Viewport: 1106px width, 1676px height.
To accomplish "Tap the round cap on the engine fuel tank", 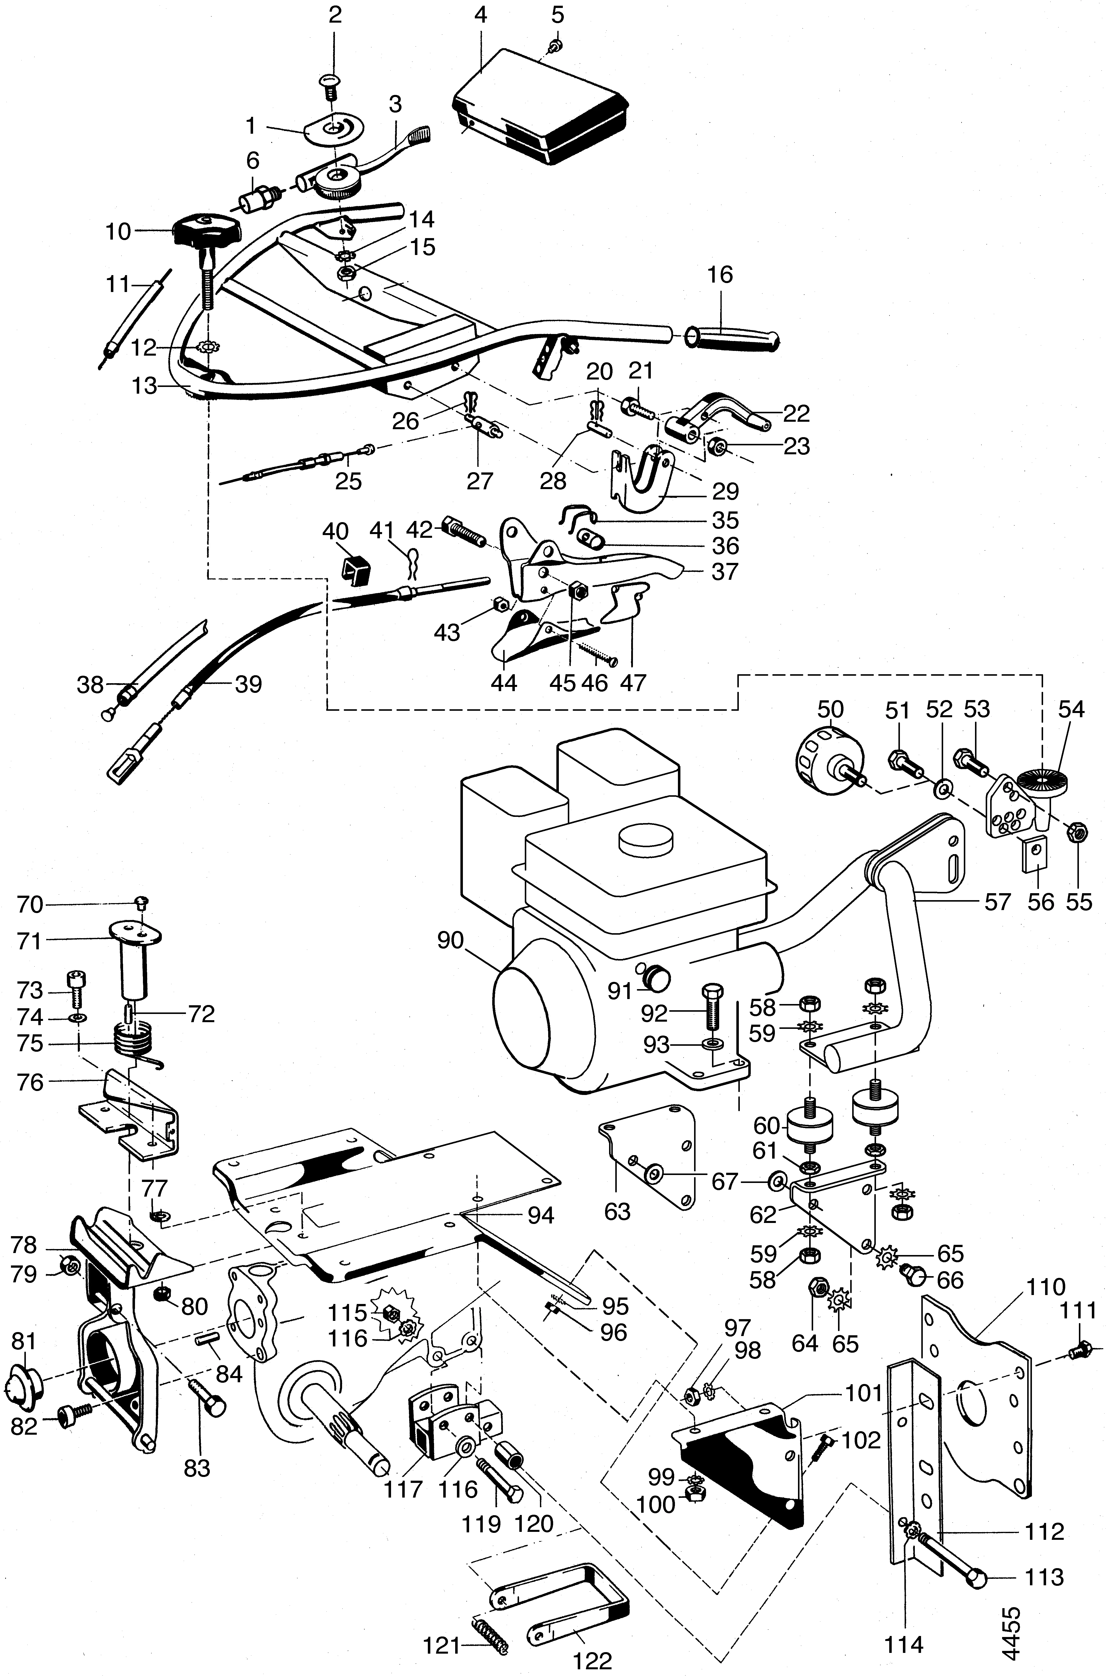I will coord(647,841).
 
